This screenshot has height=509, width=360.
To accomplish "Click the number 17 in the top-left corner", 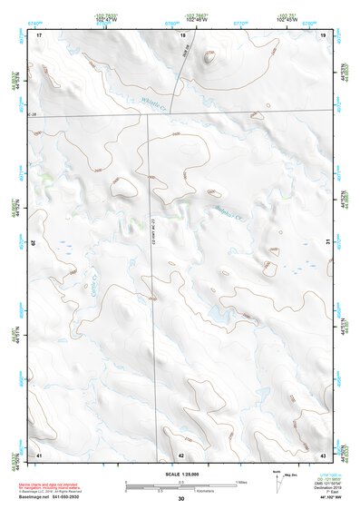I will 40,34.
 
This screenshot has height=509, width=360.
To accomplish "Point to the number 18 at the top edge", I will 183,34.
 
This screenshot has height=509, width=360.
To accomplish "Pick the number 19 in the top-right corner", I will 323,34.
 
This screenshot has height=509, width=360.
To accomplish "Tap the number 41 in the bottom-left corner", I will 39,454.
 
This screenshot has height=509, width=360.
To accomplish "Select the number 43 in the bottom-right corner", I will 323,454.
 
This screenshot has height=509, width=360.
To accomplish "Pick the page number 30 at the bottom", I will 180,499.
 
